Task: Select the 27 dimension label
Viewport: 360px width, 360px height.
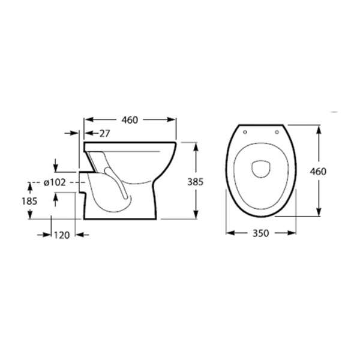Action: coord(104,133)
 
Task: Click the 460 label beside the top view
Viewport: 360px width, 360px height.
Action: coord(318,171)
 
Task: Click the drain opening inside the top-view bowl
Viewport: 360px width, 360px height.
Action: coord(261,167)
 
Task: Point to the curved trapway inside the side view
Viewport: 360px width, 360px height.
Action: coord(114,180)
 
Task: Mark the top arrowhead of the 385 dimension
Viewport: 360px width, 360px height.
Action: coord(196,145)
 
